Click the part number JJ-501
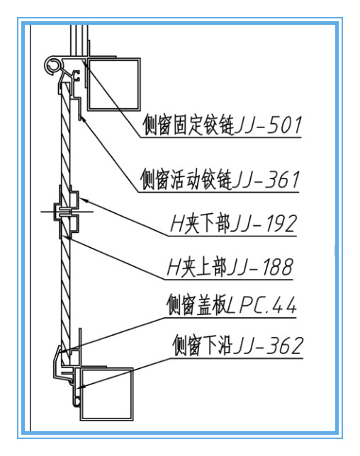click(x=268, y=125)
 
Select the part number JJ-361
click(x=266, y=180)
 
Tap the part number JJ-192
click(x=264, y=224)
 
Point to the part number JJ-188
click(x=259, y=267)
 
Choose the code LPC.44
click(x=261, y=305)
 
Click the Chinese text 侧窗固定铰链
click(x=189, y=125)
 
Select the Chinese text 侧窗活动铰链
click(x=186, y=180)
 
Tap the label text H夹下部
click(x=200, y=224)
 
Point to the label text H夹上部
click(x=197, y=267)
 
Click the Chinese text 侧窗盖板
click(x=197, y=305)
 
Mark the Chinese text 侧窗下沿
click(x=203, y=346)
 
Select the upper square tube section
click(x=113, y=84)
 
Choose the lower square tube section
click(x=106, y=394)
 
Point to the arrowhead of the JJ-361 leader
click(x=83, y=119)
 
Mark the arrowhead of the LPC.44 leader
click(x=62, y=351)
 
